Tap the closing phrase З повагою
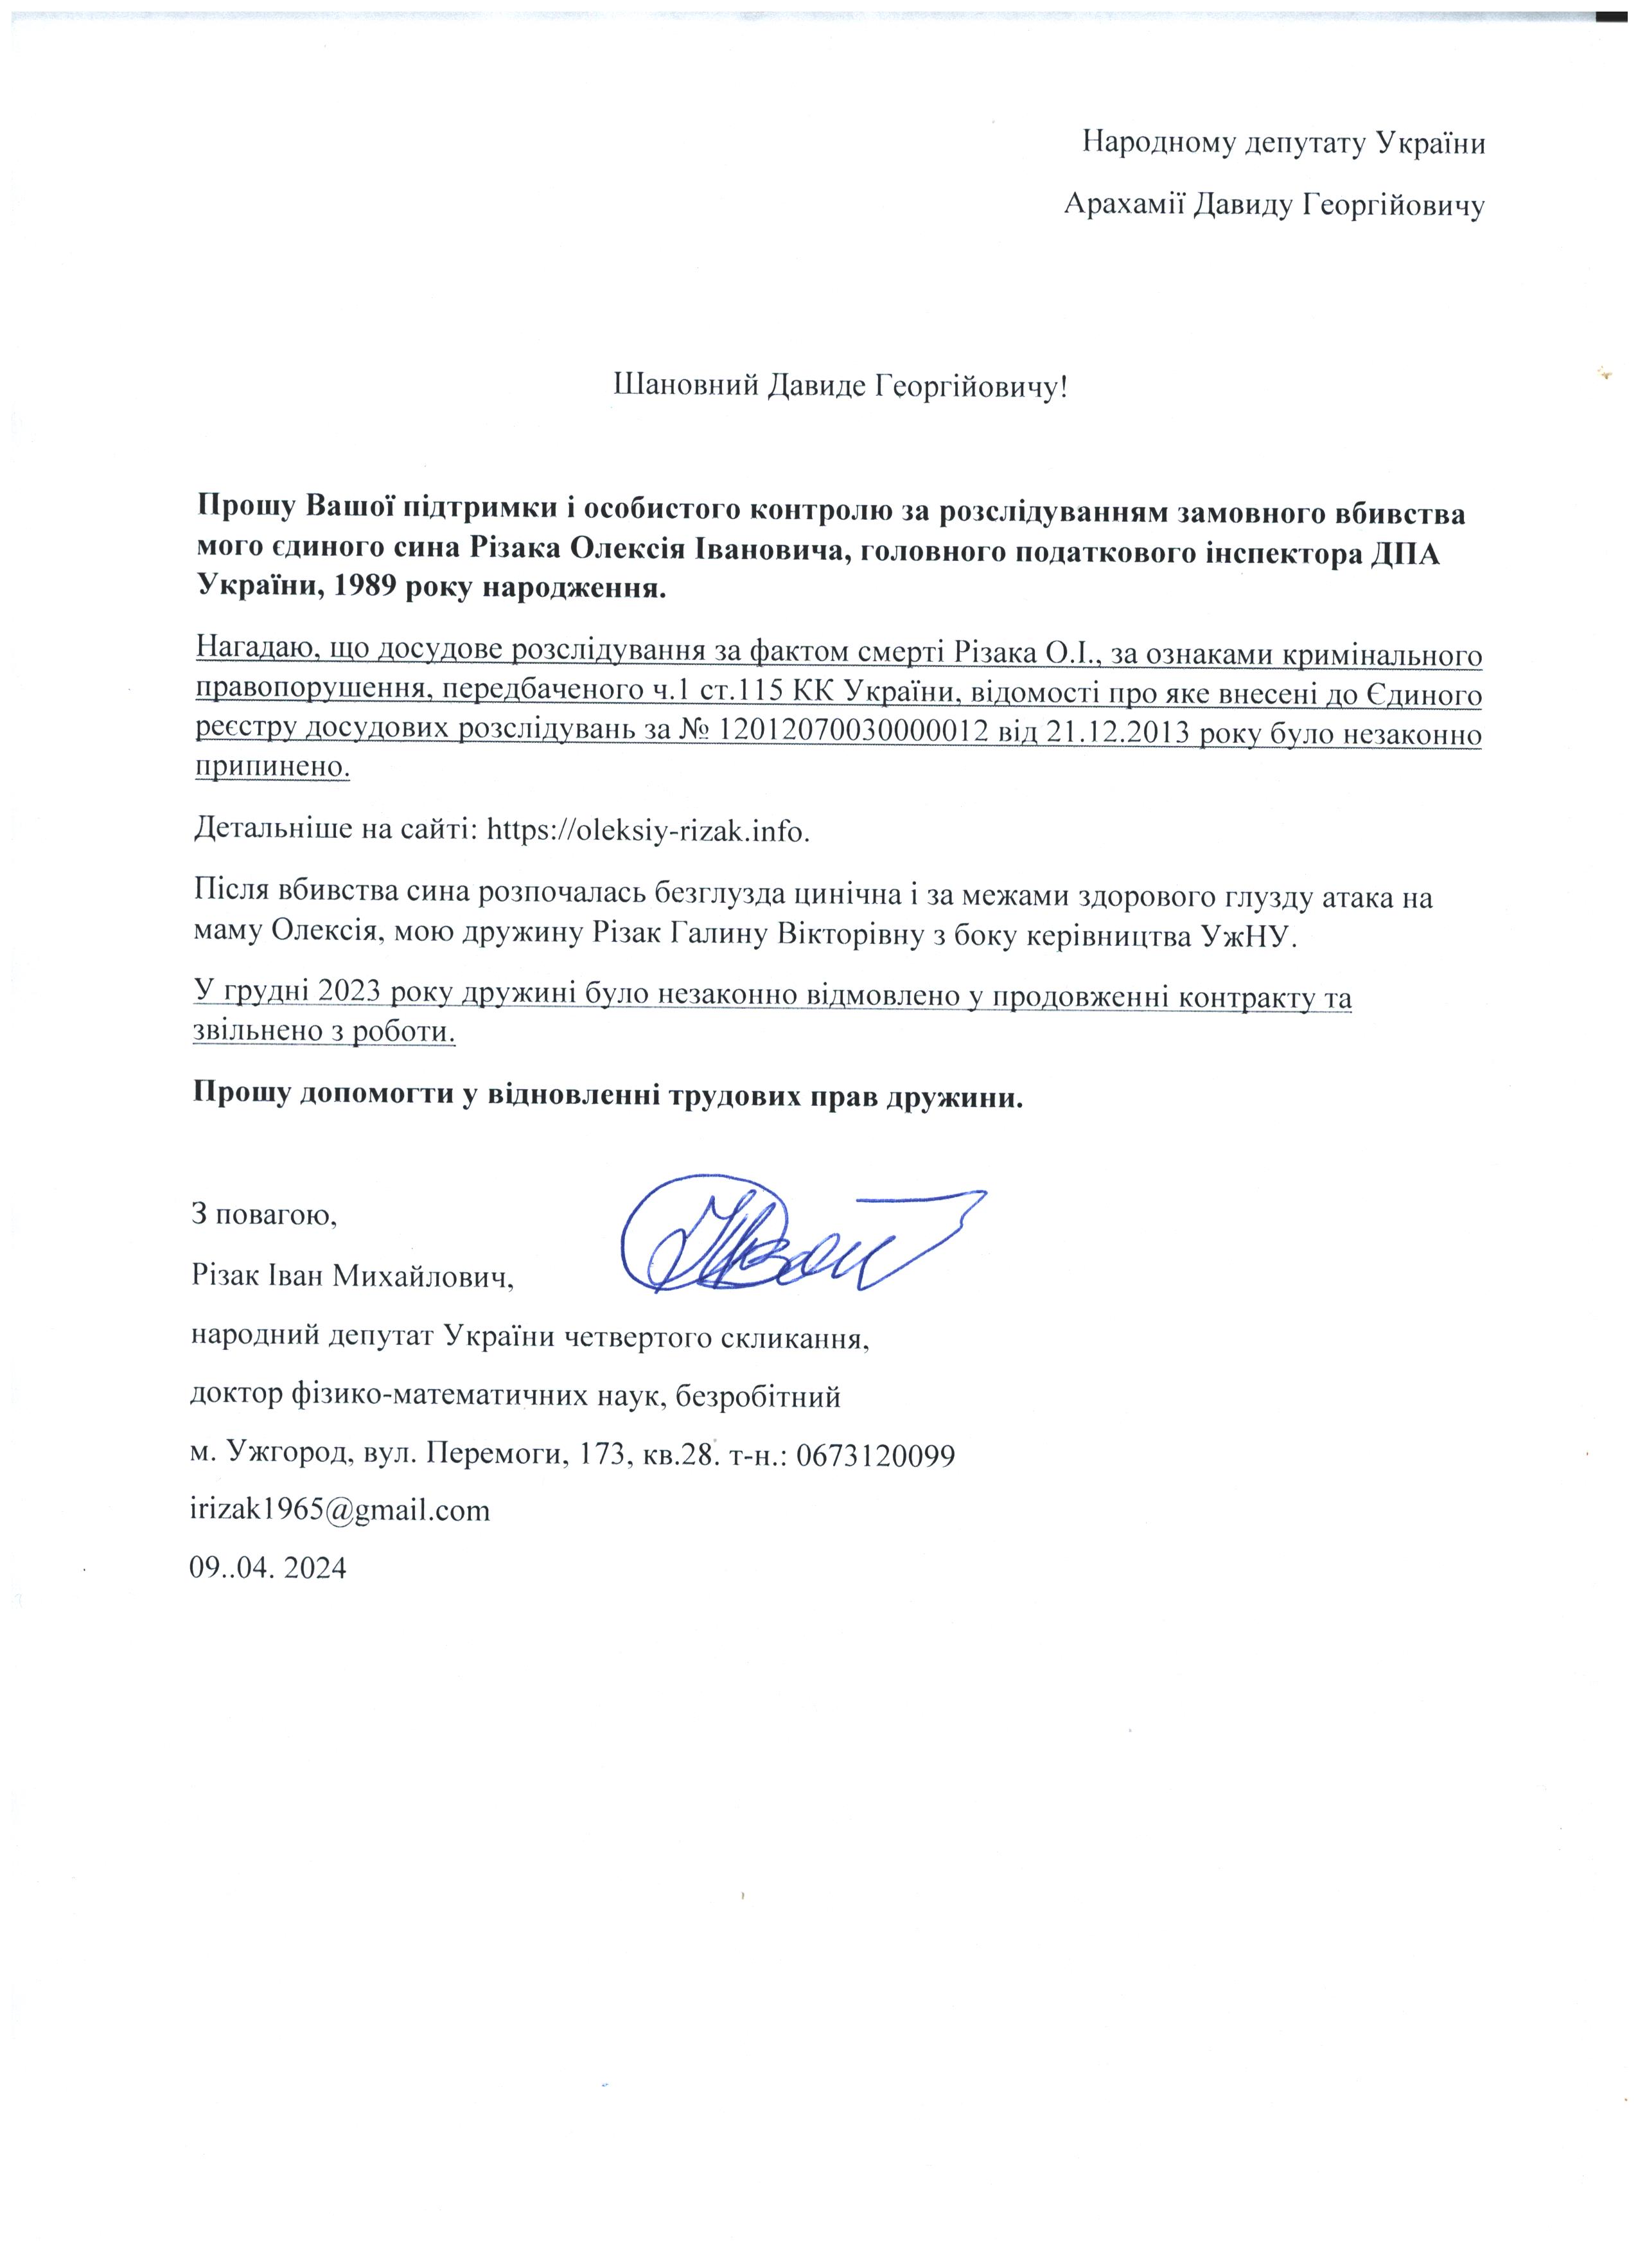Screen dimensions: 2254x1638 264,1214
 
